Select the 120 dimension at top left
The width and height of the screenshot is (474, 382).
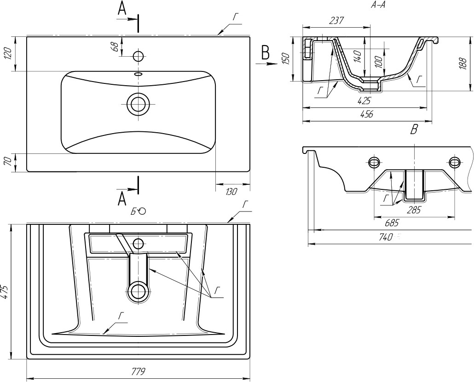point(7,53)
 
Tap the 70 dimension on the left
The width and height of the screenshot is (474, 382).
point(7,162)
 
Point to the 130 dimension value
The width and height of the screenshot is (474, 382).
point(231,191)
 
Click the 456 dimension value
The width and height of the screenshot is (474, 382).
point(366,115)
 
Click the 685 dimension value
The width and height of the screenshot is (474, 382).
point(391,223)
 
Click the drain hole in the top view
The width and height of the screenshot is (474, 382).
point(138,104)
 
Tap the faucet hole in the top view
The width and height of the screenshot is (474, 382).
point(138,56)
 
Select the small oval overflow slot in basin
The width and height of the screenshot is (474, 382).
point(138,74)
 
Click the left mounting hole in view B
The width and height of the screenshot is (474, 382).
point(374,162)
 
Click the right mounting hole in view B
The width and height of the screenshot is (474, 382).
point(455,162)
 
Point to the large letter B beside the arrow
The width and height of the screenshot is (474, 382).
point(265,53)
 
